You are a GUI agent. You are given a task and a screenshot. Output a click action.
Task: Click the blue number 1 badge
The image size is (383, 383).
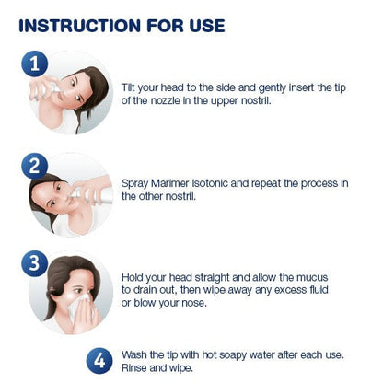(x=35, y=64)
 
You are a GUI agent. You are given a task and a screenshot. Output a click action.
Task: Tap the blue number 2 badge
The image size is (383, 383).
(x=35, y=166)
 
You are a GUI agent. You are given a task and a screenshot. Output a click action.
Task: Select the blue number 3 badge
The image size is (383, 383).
(x=35, y=263)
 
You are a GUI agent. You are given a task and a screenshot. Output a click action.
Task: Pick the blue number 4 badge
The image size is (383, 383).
(x=99, y=361)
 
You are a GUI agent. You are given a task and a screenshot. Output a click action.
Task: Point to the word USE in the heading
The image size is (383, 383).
(x=207, y=26)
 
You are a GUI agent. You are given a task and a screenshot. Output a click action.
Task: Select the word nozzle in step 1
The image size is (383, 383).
(x=165, y=100)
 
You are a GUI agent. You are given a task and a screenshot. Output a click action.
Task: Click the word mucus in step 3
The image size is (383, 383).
(x=312, y=278)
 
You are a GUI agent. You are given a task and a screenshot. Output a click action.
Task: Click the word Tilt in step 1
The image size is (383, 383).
(x=128, y=87)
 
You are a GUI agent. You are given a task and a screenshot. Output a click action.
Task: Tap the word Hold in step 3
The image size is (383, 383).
(x=132, y=277)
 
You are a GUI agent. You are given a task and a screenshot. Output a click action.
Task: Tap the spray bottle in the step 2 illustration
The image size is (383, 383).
(x=93, y=195)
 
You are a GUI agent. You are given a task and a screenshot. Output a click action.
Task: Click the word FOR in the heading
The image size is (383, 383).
(x=165, y=26)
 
